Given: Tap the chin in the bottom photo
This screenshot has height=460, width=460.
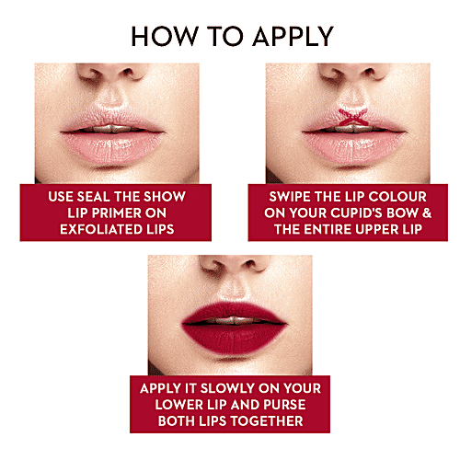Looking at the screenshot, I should [x=230, y=363].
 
